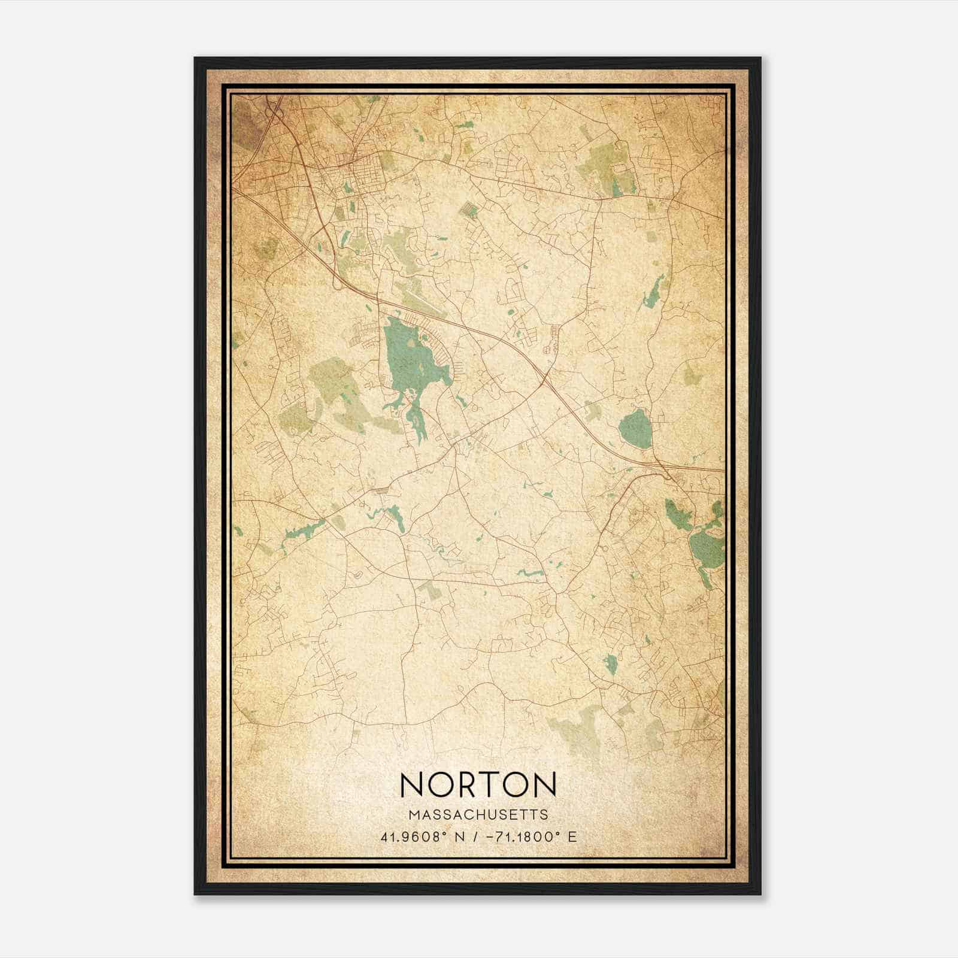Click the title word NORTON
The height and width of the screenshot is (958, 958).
pos(478,784)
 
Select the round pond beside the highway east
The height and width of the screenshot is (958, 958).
pos(634,426)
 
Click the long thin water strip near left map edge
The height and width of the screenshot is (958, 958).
pos(305,530)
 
